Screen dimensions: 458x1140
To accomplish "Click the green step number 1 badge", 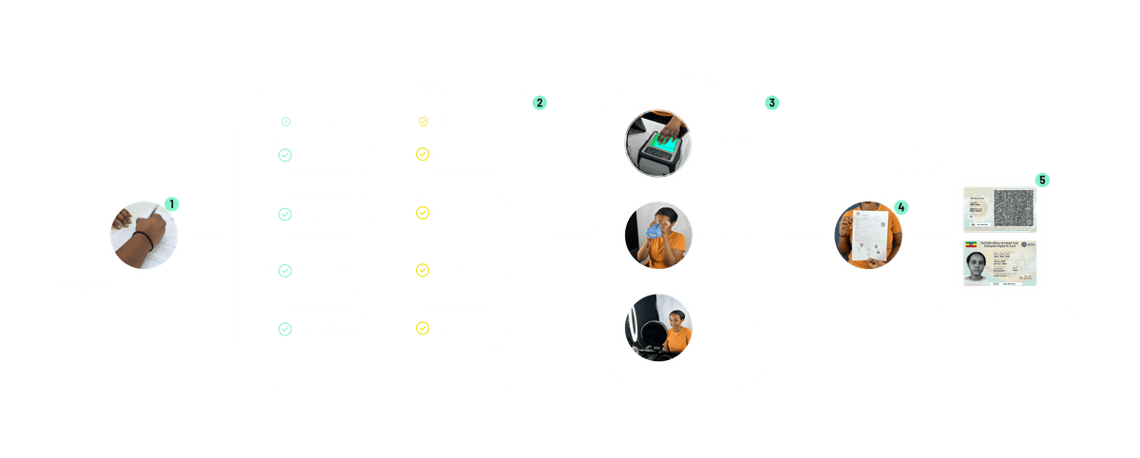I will pyautogui.click(x=171, y=203).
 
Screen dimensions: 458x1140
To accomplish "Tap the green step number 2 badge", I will pyautogui.click(x=539, y=102).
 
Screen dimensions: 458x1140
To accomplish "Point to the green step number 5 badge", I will pyautogui.click(x=1042, y=180).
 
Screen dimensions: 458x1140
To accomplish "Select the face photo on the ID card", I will pyautogui.click(x=979, y=266).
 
